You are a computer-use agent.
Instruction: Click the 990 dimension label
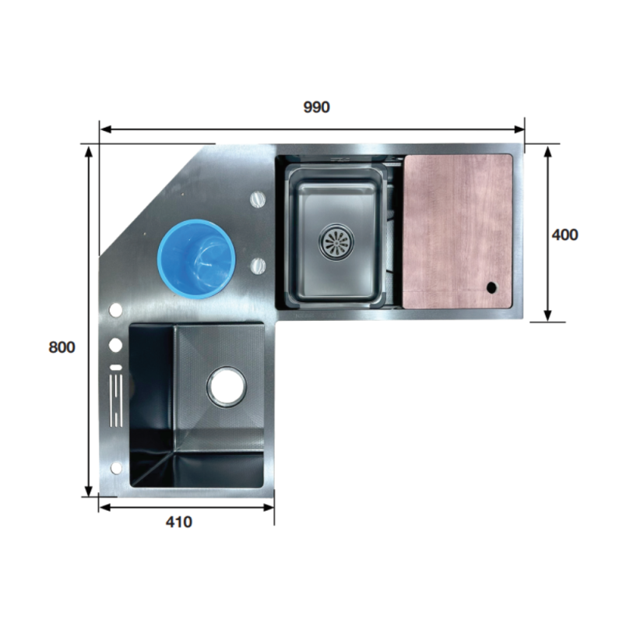coord(316,107)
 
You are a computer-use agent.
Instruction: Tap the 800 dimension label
coord(62,347)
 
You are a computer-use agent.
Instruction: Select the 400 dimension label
coord(565,235)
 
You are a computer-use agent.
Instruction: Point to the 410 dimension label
coord(179,522)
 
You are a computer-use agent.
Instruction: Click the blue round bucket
coord(196,259)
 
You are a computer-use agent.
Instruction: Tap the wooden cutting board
coord(457,231)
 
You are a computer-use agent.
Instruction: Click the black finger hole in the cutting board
coord(491,287)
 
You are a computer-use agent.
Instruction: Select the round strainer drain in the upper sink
coord(336,241)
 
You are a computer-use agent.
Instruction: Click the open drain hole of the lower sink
coord(226,386)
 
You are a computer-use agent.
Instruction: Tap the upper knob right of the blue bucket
coord(258,199)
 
